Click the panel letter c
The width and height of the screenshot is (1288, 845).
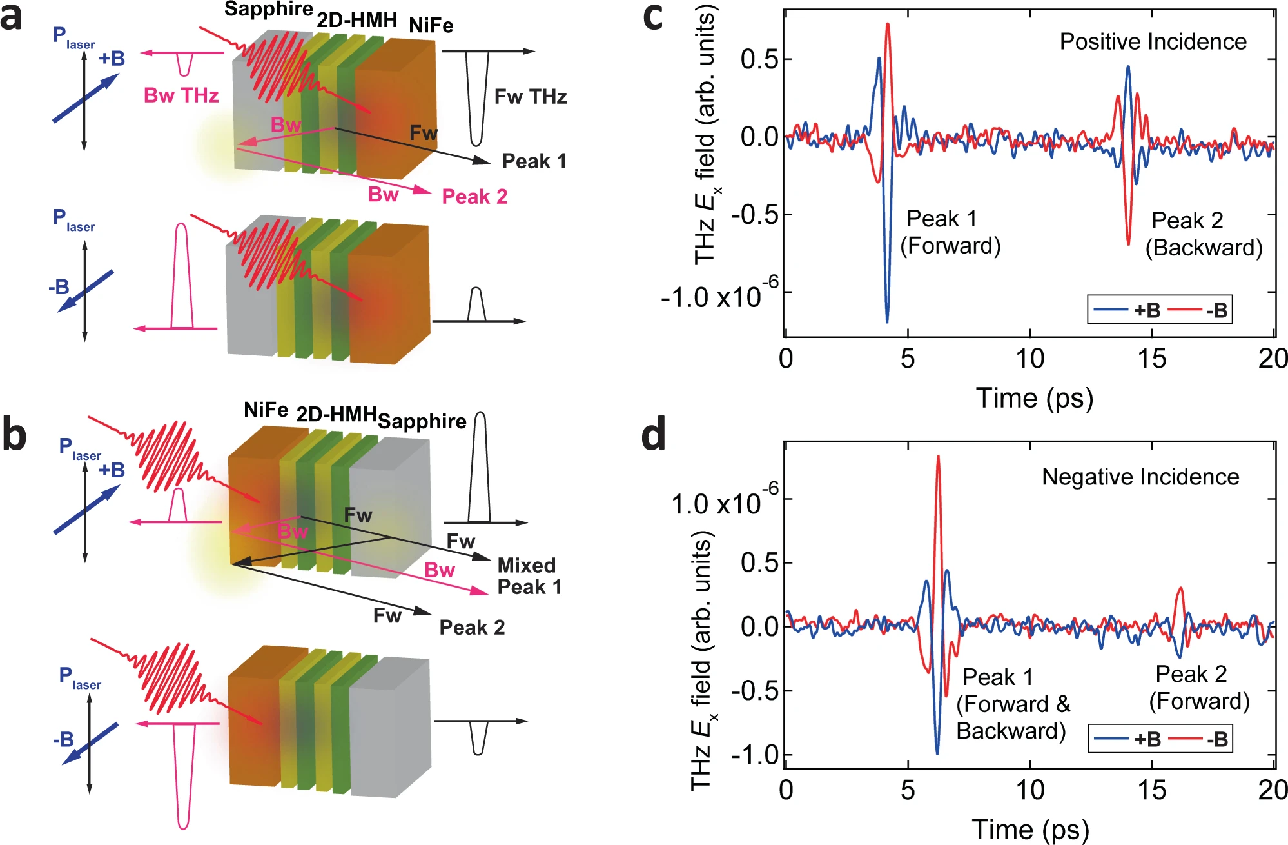click(x=652, y=18)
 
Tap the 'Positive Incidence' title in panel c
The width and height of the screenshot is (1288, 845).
click(x=1153, y=42)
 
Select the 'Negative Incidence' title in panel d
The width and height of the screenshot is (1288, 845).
click(x=1140, y=477)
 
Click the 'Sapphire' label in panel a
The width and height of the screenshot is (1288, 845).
click(x=268, y=10)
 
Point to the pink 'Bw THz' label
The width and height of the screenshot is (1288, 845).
click(x=181, y=95)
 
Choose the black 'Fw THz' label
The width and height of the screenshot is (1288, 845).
click(x=531, y=97)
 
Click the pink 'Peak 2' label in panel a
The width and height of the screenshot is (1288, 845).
click(x=474, y=197)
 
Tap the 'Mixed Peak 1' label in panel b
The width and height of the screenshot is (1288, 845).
click(x=529, y=576)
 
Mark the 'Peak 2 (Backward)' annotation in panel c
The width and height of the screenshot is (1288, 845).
click(x=1203, y=234)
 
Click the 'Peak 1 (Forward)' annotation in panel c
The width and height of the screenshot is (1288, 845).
click(x=950, y=232)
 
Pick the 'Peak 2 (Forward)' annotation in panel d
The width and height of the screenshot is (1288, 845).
click(x=1199, y=688)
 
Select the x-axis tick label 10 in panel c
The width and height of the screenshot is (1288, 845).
click(x=1029, y=359)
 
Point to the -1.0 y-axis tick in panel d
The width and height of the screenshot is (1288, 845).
click(x=752, y=755)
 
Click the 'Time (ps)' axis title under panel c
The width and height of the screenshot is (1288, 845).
click(x=1034, y=398)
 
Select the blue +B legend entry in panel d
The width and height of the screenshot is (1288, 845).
click(x=1129, y=739)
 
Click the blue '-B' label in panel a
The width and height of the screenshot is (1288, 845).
click(x=59, y=287)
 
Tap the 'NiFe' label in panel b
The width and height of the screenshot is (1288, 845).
click(x=266, y=410)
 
